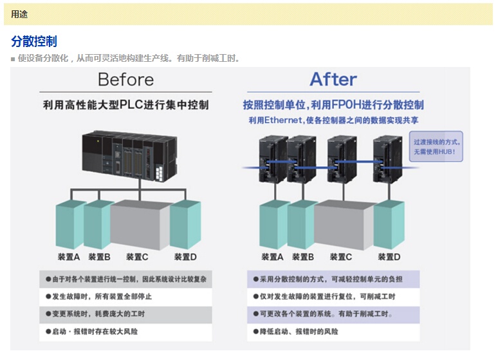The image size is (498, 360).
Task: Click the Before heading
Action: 125,80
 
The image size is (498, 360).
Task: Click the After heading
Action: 333,79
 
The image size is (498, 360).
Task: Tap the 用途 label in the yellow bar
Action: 19,14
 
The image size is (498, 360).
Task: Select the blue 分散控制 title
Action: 34,42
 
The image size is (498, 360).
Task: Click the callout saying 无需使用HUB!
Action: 438,147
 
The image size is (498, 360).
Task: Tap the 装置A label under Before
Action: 68,257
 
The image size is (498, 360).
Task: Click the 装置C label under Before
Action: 137,257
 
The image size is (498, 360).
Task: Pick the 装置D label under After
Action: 389,257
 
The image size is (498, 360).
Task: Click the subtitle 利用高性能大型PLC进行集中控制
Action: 126,104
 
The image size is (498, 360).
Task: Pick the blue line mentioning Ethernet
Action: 333,120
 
